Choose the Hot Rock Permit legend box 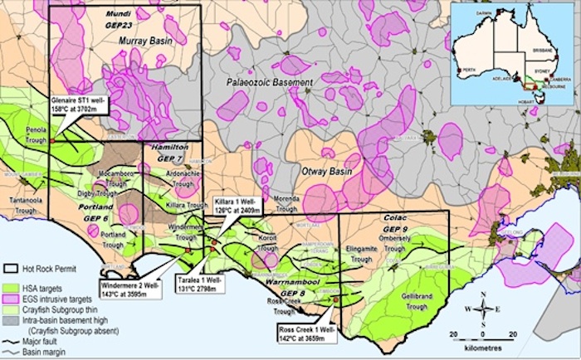[12, 270]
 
